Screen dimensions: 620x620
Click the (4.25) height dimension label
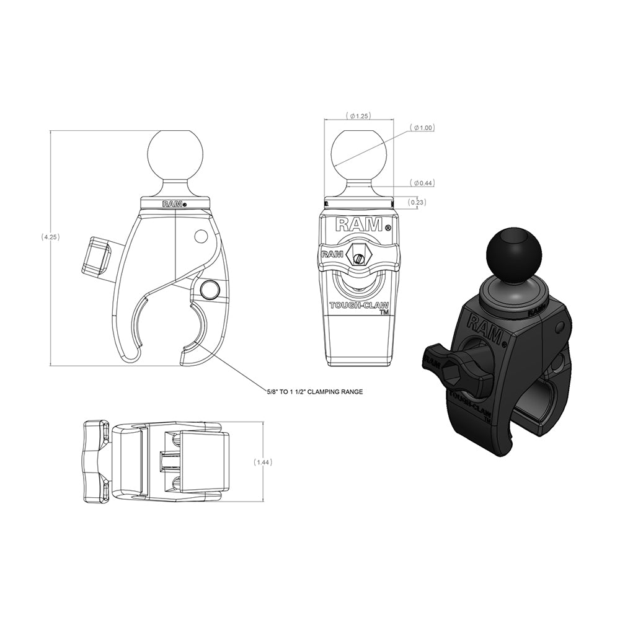50,237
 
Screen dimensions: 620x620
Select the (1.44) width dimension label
263,463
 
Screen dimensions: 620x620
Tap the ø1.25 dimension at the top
359,115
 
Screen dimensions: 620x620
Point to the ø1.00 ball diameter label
424,128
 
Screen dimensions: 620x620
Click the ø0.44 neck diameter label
424,182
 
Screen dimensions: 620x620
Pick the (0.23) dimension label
417,201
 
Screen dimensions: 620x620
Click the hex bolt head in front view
358,253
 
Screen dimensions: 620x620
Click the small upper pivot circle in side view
200,236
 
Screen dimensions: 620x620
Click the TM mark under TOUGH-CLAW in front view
384,314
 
